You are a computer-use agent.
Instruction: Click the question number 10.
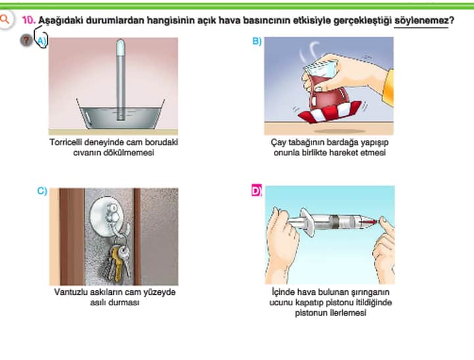29,20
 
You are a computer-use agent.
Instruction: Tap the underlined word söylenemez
421,20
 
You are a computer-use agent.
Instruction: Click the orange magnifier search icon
5,19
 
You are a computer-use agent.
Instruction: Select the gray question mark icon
26,40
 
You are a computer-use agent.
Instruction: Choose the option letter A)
41,41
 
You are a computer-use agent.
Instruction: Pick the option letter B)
257,41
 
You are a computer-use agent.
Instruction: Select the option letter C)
42,191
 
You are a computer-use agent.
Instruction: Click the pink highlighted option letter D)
257,191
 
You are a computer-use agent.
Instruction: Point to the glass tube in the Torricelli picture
120,79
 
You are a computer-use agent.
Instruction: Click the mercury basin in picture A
120,116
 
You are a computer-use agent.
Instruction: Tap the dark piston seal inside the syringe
333,222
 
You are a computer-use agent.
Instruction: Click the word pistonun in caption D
311,313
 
